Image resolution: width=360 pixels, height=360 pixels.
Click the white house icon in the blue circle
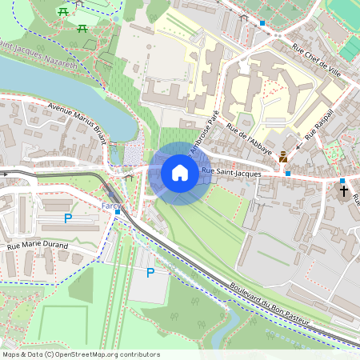180,172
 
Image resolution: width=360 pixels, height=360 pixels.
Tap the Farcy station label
110,206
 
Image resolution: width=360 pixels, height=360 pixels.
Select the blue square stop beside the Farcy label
117,211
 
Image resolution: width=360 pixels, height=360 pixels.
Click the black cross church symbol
344,190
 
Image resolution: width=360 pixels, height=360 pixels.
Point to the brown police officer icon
283,158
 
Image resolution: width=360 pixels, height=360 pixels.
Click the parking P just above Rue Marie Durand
68,218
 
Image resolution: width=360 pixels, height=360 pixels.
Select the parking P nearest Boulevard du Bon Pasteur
150,273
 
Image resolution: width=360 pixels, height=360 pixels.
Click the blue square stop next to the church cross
342,181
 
